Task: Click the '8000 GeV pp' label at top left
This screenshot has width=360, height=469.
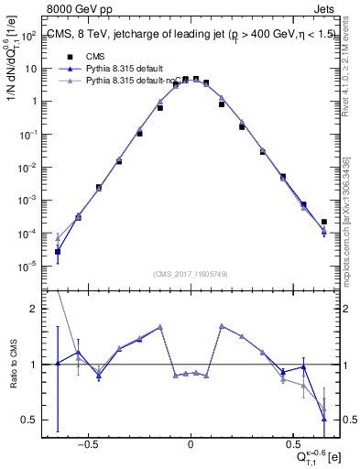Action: (73, 6)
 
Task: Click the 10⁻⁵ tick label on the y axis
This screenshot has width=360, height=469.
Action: (28, 267)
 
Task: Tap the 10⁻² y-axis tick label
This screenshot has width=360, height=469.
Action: (28, 168)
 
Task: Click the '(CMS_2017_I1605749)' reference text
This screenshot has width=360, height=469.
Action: (191, 274)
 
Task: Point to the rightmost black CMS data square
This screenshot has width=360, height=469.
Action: (324, 222)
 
